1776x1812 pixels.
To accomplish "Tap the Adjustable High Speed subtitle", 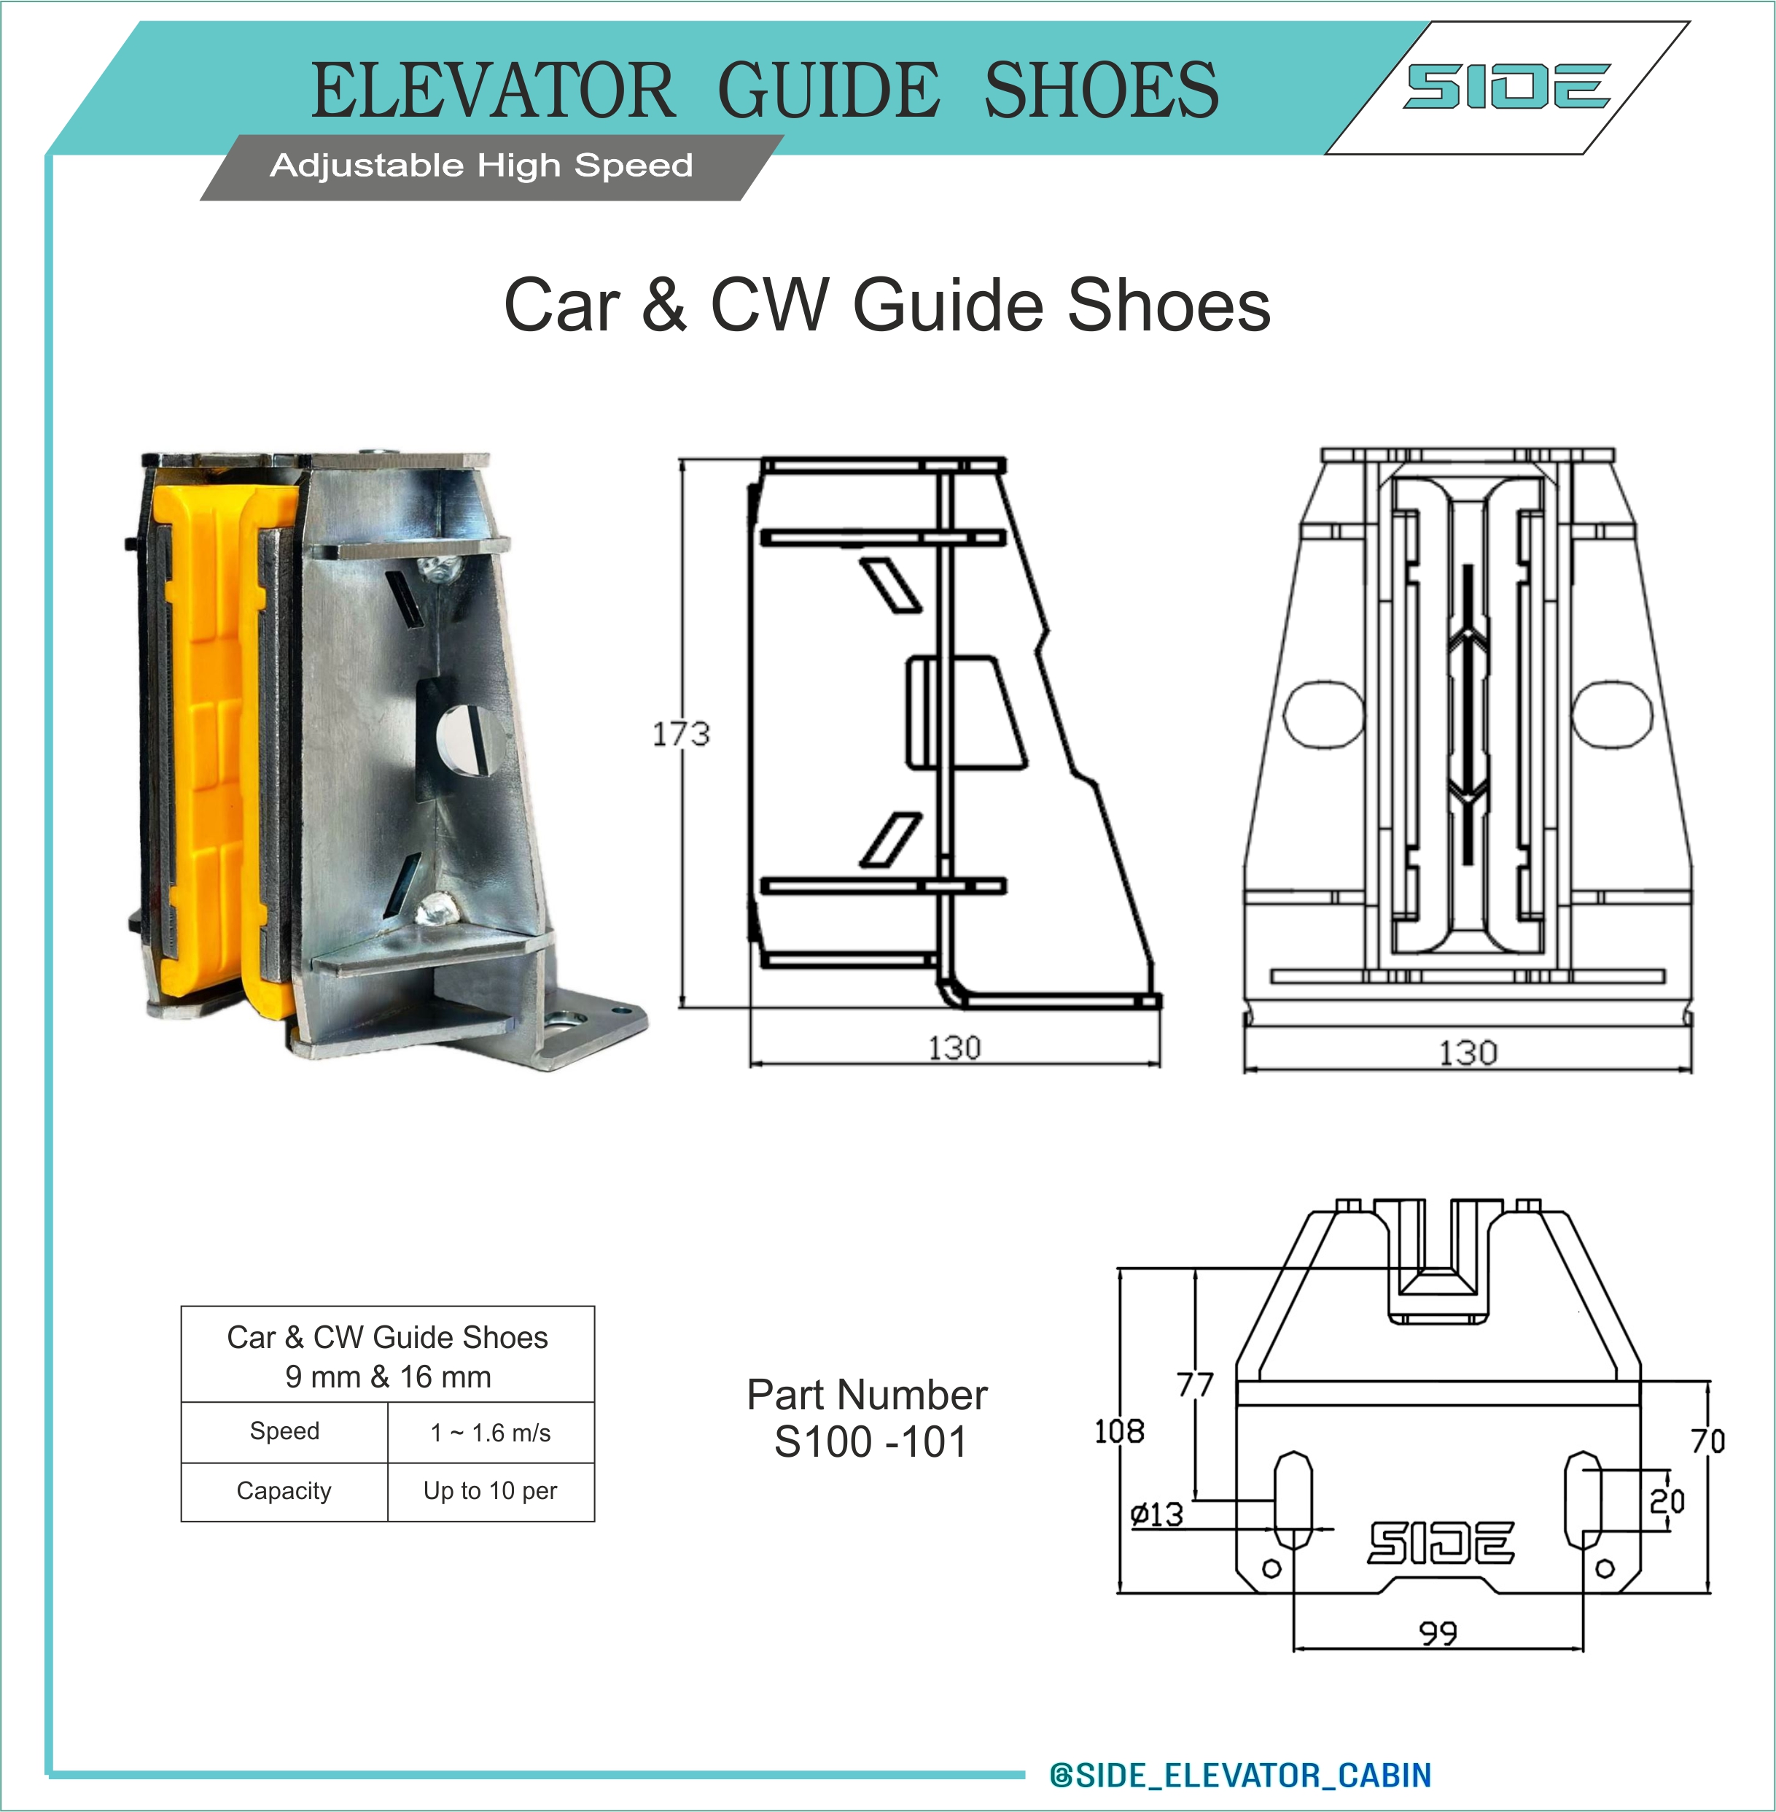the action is click(x=481, y=165).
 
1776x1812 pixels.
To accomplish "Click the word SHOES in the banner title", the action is click(x=1101, y=90).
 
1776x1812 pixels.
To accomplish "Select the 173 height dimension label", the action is click(x=680, y=735).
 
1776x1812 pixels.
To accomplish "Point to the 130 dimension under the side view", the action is click(x=954, y=1048).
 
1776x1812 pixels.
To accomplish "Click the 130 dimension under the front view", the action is click(x=1468, y=1053).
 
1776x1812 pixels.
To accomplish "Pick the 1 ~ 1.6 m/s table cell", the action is click(x=491, y=1432).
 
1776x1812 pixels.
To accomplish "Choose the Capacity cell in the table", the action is click(x=284, y=1491).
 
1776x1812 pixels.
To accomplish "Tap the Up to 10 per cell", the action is click(x=491, y=1491).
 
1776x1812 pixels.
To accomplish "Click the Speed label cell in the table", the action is click(x=284, y=1431).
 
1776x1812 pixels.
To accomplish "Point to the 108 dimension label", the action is click(x=1118, y=1430).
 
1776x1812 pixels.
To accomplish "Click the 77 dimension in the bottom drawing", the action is click(x=1195, y=1384).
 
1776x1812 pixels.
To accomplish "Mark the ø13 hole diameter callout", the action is click(x=1156, y=1514).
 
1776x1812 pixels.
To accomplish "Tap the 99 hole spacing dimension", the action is click(x=1438, y=1633).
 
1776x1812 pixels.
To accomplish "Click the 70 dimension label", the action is click(x=1708, y=1441).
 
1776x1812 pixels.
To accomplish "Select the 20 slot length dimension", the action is click(x=1667, y=1501).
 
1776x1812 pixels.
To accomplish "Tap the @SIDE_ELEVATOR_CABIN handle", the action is click(x=1241, y=1775).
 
